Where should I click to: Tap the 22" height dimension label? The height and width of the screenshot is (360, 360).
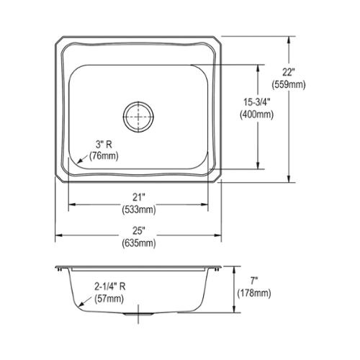[288, 72]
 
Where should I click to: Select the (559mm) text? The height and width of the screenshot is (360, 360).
[289, 84]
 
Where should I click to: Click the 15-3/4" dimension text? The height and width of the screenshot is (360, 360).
[257, 102]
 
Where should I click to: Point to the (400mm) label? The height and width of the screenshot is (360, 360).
[257, 114]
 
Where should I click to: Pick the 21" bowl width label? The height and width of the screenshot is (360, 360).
[139, 197]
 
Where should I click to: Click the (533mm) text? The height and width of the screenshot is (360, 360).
[139, 210]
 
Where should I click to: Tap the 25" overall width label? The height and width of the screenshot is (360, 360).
[139, 230]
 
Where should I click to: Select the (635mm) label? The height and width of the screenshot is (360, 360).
[139, 243]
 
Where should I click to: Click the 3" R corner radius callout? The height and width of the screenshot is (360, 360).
[104, 145]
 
